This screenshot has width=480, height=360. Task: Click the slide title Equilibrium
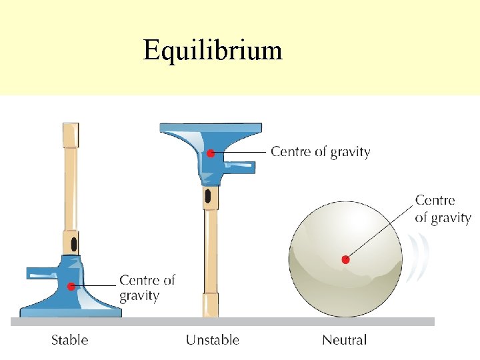tap(213, 50)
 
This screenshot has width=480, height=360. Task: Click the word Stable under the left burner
tap(69, 340)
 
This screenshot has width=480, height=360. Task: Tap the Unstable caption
tap(212, 340)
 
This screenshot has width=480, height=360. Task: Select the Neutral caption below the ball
tap(344, 340)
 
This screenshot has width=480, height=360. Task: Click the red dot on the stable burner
tap(71, 287)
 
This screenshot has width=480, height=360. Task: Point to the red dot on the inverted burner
tap(210, 153)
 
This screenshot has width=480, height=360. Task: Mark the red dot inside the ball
tap(345, 259)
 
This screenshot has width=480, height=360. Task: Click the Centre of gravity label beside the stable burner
tap(147, 287)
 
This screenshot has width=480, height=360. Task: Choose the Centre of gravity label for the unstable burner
tap(320, 151)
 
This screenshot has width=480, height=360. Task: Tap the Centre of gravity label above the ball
tap(443, 209)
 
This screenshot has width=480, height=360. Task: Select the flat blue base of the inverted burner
tap(211, 127)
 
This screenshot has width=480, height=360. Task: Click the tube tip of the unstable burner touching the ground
tap(210, 311)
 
